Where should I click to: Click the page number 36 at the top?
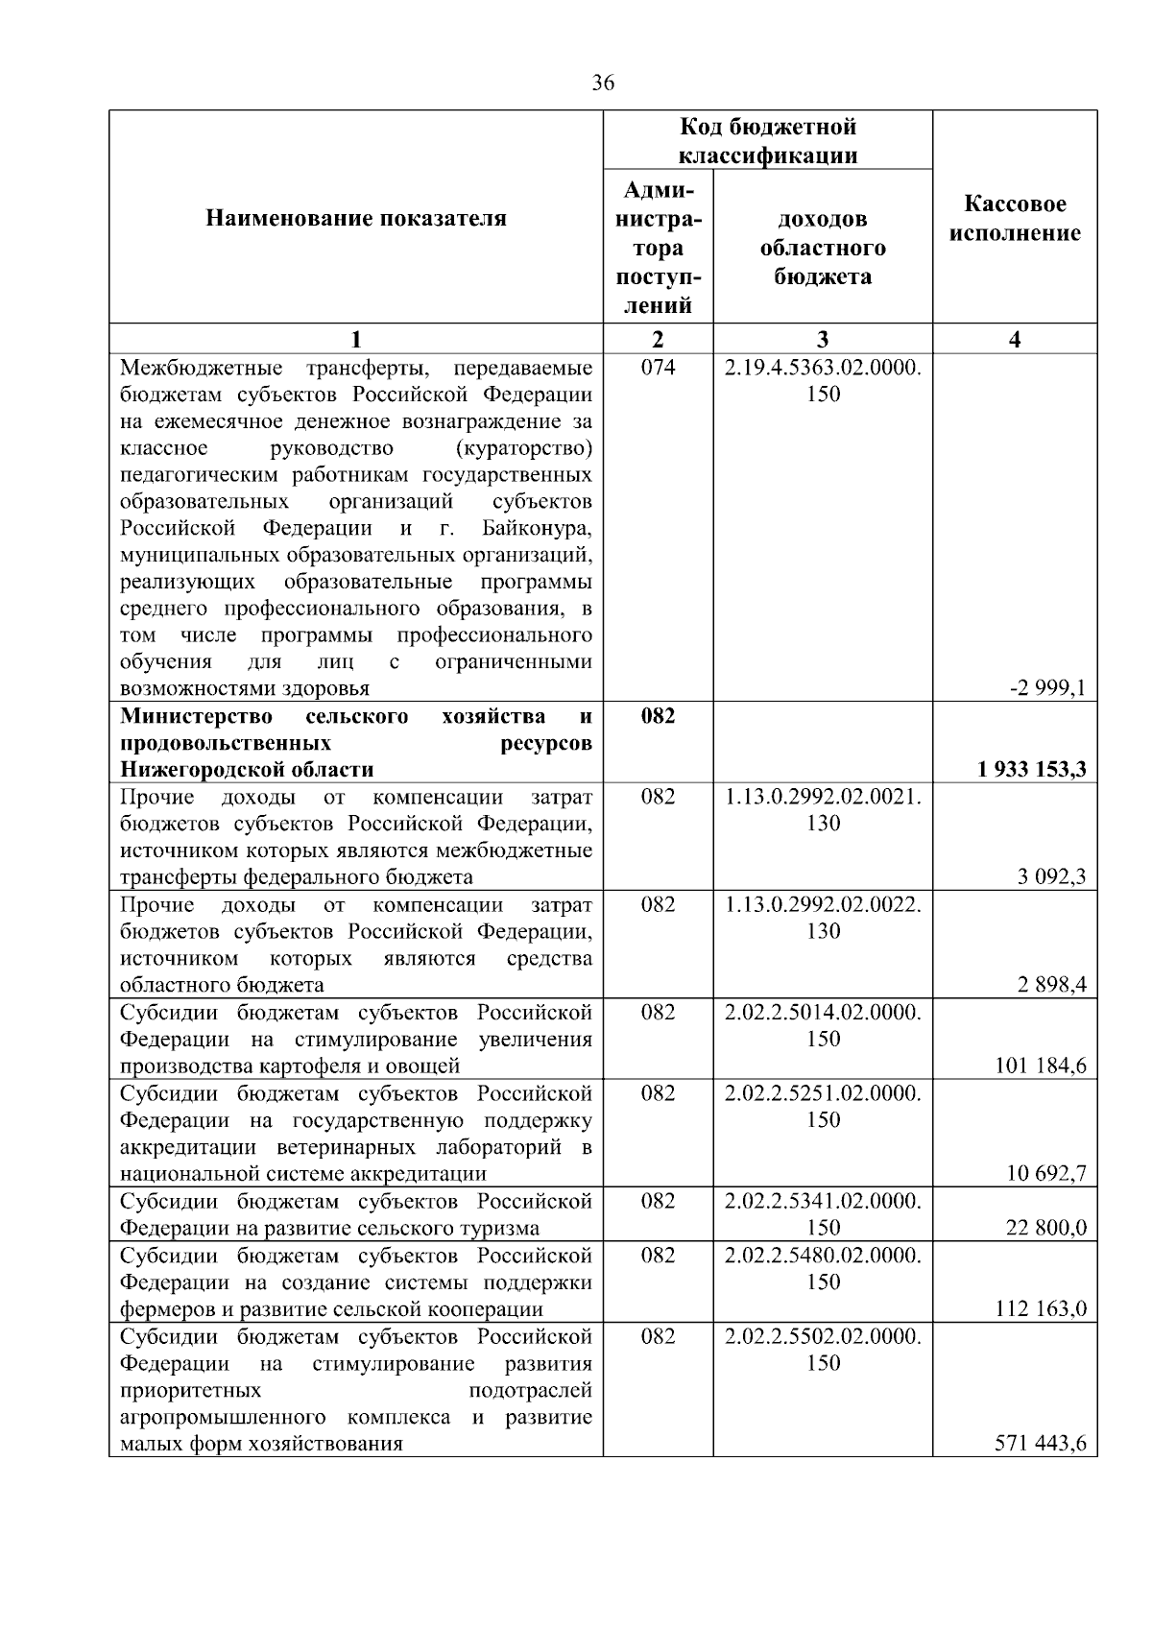(x=603, y=84)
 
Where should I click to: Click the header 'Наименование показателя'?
(x=356, y=219)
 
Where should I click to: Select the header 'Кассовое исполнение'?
(x=1015, y=219)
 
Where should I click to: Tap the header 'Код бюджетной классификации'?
(x=768, y=141)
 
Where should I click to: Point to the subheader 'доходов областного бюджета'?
(x=823, y=248)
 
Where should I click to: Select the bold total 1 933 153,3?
(x=1032, y=769)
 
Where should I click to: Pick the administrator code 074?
(x=658, y=368)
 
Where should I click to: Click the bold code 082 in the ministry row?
(x=658, y=716)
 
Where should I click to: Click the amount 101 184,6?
(x=1041, y=1066)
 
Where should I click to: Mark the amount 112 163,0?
(x=1041, y=1308)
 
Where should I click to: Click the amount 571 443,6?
(x=1041, y=1444)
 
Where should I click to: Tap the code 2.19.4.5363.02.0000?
(x=823, y=368)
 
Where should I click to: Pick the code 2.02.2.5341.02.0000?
(x=823, y=1201)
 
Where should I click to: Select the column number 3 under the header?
(x=823, y=339)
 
